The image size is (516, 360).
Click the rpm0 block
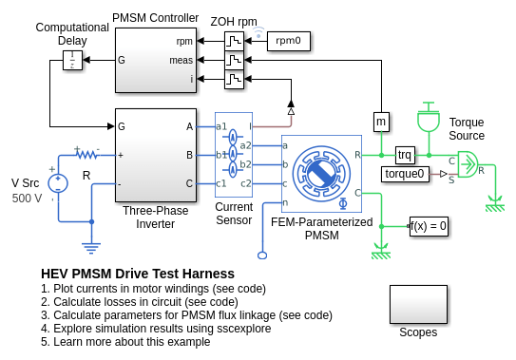pyautogui.click(x=288, y=41)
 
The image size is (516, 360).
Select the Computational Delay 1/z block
pyautogui.click(x=72, y=60)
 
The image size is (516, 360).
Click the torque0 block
pyautogui.click(x=405, y=174)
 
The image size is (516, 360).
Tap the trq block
pyautogui.click(x=405, y=155)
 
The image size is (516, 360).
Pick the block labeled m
pyautogui.click(x=381, y=122)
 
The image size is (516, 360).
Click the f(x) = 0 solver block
pyautogui.click(x=429, y=226)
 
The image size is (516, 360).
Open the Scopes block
pyautogui.click(x=418, y=304)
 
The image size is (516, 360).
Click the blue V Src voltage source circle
pyautogui.click(x=58, y=183)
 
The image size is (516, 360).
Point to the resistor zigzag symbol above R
pyautogui.click(x=87, y=154)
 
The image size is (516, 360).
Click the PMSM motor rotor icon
pyautogui.click(x=321, y=174)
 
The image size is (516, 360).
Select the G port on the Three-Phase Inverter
pyautogui.click(x=121, y=126)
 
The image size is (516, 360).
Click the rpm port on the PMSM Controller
pyautogui.click(x=184, y=42)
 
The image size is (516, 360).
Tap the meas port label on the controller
pyautogui.click(x=181, y=61)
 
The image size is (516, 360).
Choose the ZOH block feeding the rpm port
pyautogui.click(x=234, y=41)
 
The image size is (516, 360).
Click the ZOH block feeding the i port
pyautogui.click(x=234, y=79)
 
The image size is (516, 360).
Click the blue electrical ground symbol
pyautogui.click(x=91, y=248)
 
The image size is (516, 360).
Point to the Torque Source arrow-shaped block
pyautogui.click(x=468, y=164)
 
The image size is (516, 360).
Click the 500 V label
pyautogui.click(x=27, y=199)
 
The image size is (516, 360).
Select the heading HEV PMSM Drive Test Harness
pyautogui.click(x=138, y=274)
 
